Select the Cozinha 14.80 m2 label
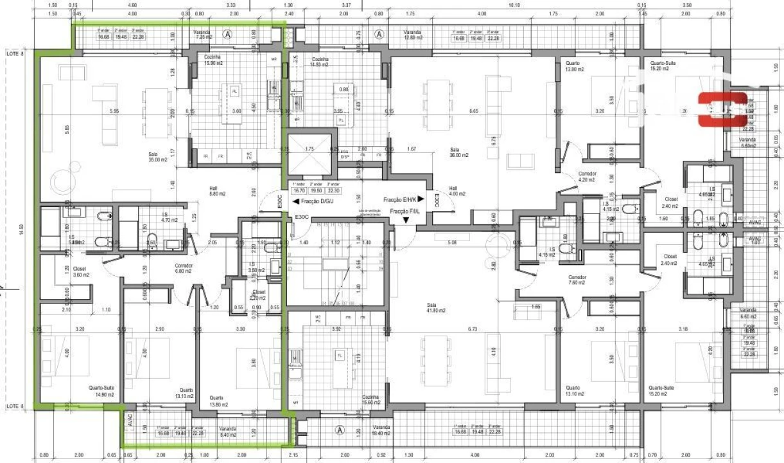tap(319, 62)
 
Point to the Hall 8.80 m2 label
tap(213, 191)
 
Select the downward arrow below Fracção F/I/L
tap(406, 220)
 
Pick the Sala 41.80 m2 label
tap(436, 307)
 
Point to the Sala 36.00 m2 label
tap(458, 152)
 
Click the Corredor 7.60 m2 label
tap(577, 280)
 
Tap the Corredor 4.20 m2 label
tap(588, 177)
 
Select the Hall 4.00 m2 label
tap(457, 191)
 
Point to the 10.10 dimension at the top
tap(514, 5)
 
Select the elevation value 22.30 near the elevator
tap(333, 190)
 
